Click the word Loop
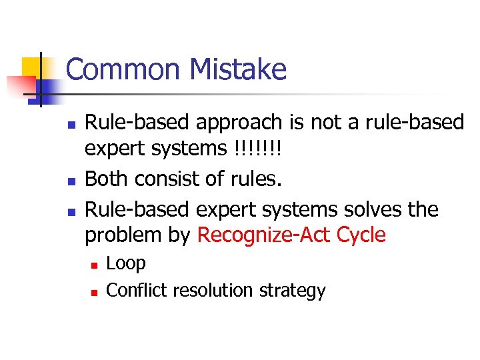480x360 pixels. (x=125, y=263)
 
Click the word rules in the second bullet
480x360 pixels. (x=260, y=179)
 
